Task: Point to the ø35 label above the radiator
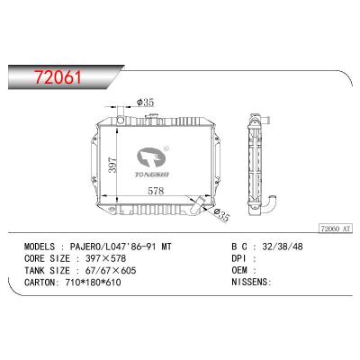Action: click(x=146, y=101)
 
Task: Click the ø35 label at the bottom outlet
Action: click(x=221, y=214)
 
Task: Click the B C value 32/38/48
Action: click(x=280, y=245)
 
